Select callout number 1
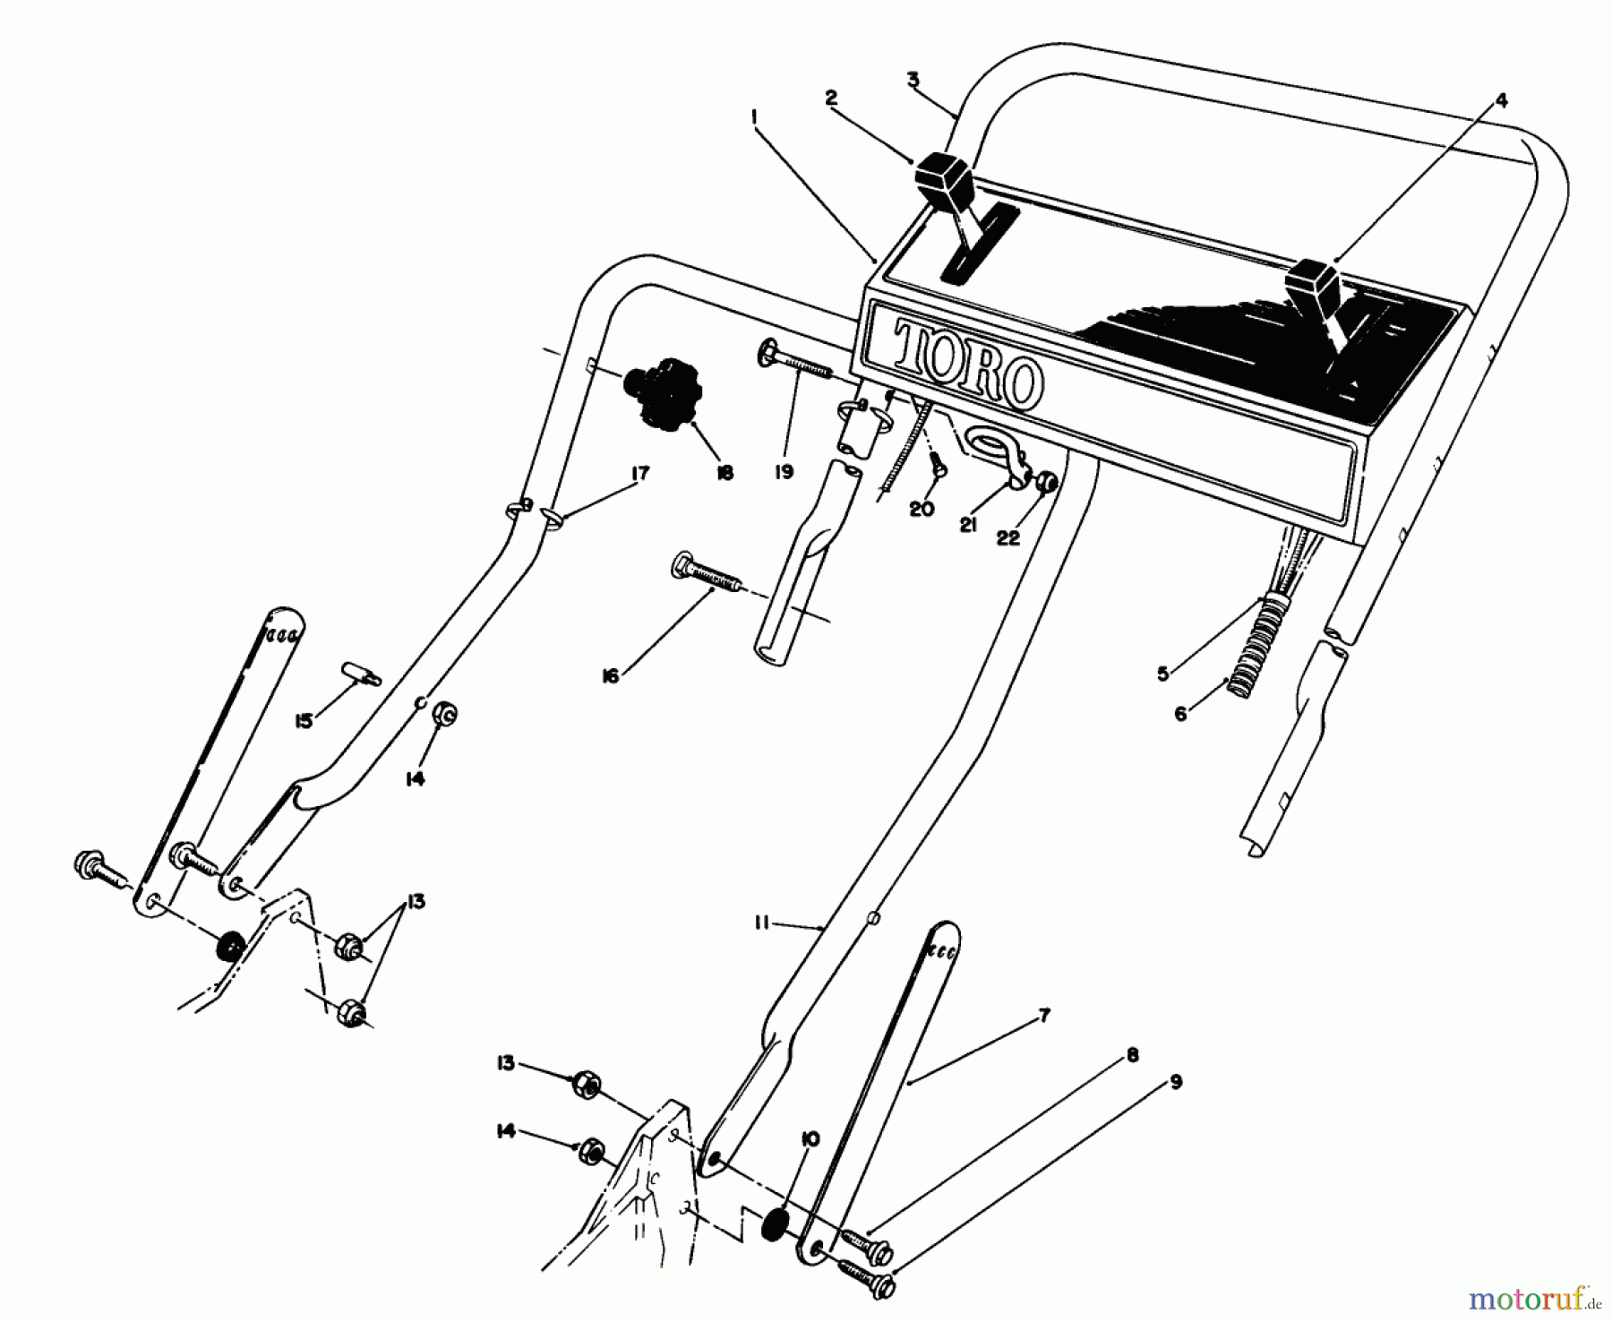tap(755, 116)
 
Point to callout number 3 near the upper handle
tap(913, 80)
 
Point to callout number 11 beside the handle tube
tap(761, 923)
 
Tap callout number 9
tap(1175, 1082)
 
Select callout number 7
tap(1043, 1016)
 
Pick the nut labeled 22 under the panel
tap(1045, 484)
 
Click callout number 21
tap(968, 526)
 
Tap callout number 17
tap(639, 473)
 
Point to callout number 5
tap(1162, 674)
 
